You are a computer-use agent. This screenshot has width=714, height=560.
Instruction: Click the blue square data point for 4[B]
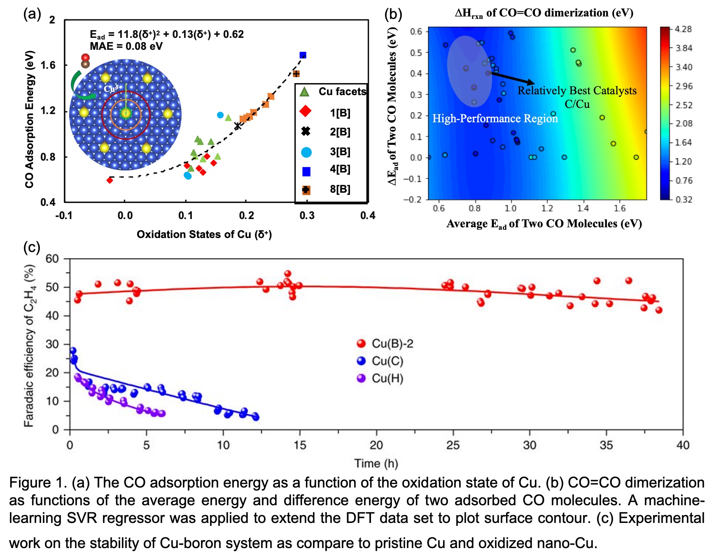(303, 55)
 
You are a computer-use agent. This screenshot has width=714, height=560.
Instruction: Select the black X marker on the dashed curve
(238, 126)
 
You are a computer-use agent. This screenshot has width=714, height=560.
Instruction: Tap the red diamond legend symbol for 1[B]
(306, 112)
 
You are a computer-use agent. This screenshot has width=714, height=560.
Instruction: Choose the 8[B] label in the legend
(340, 189)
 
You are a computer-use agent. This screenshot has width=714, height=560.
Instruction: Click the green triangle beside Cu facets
(305, 92)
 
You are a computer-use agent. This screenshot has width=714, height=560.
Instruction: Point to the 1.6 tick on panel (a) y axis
(47, 65)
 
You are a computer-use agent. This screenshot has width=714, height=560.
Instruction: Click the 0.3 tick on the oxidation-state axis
(307, 215)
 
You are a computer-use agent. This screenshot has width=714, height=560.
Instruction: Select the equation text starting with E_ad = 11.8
(167, 35)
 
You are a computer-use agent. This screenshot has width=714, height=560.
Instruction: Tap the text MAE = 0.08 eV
(126, 46)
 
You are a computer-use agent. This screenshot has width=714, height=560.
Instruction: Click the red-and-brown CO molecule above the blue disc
(85, 61)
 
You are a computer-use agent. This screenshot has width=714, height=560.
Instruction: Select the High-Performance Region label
(495, 119)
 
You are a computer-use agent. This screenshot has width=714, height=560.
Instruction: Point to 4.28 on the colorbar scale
(684, 29)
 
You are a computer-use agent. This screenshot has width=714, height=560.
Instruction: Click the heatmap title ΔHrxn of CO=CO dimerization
(544, 13)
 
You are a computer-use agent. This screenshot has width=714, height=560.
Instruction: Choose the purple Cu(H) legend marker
(362, 378)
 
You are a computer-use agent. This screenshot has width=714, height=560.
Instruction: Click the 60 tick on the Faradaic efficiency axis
(52, 259)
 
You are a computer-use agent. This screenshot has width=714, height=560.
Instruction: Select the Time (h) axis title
(376, 464)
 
